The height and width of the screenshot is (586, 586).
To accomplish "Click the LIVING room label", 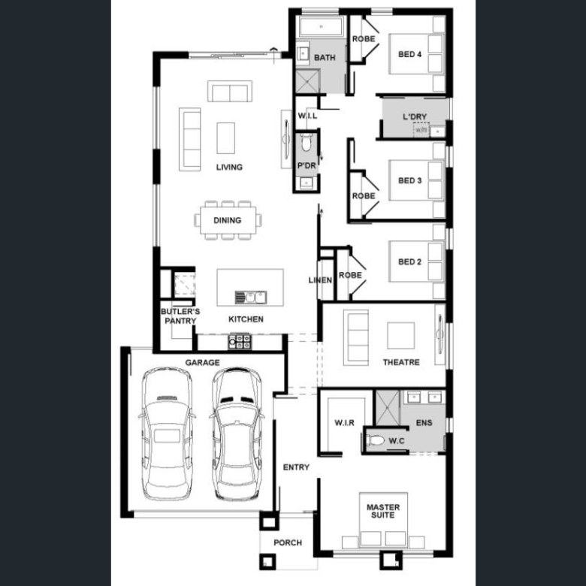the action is point(229,167).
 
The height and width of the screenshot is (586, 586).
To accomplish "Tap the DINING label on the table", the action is point(227,220).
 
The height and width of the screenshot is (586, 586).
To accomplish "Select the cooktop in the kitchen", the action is point(240,341).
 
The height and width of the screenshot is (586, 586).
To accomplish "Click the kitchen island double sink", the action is point(251,298).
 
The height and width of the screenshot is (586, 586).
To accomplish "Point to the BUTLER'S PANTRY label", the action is point(180,316).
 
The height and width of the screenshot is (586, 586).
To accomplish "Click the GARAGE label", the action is point(202,363).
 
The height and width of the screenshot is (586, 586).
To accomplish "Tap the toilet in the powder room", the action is point(306,142).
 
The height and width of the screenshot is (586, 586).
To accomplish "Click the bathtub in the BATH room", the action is point(321,26).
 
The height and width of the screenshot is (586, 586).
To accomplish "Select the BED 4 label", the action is point(409,54).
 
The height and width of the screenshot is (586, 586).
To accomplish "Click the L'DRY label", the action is point(415,116).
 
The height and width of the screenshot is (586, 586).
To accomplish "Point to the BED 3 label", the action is point(409,180).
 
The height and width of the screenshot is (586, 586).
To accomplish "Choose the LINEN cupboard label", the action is point(320,280).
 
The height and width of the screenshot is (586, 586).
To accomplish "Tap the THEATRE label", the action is point(401,362).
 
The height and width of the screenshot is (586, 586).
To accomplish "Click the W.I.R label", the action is point(344,423).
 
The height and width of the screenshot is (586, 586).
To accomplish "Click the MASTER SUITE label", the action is point(383,511).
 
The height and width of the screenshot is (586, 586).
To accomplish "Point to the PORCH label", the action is point(288,542).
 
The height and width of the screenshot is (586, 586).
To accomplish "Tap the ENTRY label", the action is point(296,467).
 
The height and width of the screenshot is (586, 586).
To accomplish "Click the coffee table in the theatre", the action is point(400,336).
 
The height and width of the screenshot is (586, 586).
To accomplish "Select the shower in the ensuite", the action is point(387,408).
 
